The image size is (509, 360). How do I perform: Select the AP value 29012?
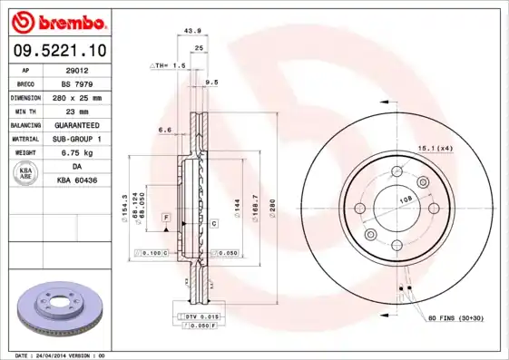point(78,70)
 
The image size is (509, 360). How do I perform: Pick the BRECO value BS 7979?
point(78,83)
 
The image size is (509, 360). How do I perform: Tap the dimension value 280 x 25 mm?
point(78,97)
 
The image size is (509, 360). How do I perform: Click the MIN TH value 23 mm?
point(78,111)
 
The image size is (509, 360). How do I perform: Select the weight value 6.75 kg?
point(78,152)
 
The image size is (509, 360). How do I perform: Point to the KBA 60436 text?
point(78,180)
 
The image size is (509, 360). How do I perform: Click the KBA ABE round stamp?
point(27,173)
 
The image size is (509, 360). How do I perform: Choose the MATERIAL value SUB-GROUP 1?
point(78,139)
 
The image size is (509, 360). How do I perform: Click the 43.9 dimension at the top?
point(192,31)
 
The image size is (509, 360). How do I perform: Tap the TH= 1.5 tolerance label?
point(169,66)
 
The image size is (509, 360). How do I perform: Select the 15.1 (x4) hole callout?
point(435,147)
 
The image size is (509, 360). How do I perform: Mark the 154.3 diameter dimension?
point(124,209)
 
